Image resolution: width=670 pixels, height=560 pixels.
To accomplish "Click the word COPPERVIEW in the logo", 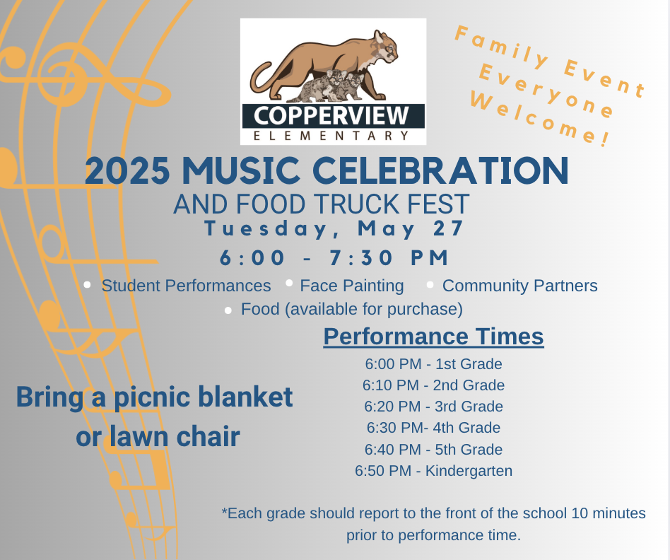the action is click(x=331, y=115).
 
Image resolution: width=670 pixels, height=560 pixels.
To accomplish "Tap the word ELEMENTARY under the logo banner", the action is click(x=331, y=136).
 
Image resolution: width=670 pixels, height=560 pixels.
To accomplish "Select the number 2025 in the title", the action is click(x=127, y=170).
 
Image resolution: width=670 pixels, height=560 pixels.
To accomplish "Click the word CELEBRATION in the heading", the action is click(x=440, y=170).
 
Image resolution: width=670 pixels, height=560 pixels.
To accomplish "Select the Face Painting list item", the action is click(x=352, y=286).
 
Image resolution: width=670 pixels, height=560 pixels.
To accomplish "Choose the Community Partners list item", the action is click(x=519, y=286).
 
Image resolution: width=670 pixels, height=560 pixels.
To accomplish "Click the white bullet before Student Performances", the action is click(x=87, y=285).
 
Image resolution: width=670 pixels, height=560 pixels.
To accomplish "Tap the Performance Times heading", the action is click(x=433, y=337).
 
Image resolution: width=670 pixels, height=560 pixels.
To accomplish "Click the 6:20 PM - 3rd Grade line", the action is click(x=433, y=406).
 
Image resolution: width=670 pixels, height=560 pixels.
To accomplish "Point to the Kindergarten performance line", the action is click(x=433, y=471).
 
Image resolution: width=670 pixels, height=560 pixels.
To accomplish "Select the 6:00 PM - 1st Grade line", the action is click(x=433, y=363).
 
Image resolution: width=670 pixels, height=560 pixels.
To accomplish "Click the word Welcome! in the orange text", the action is click(x=540, y=119).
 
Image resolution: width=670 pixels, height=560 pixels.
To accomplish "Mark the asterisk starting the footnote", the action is click(x=224, y=510).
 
